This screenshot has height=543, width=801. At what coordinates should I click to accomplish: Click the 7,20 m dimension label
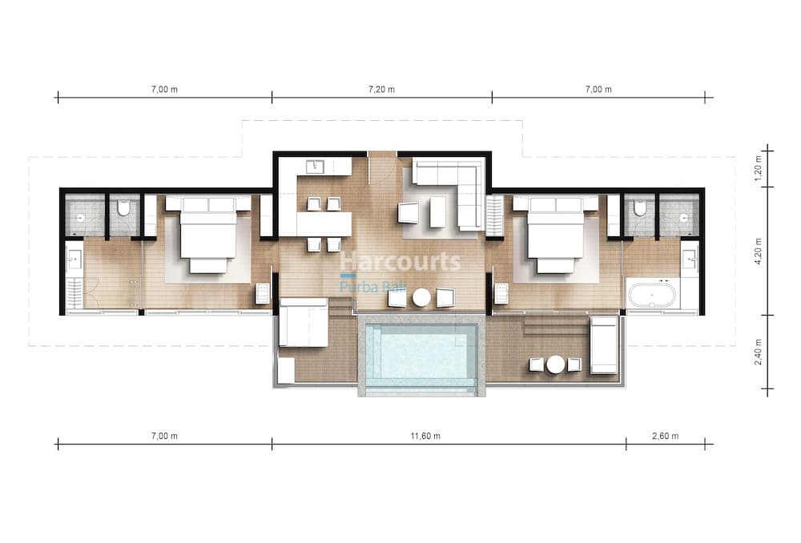point(381,90)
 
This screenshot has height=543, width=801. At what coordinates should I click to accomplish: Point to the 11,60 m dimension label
point(425,436)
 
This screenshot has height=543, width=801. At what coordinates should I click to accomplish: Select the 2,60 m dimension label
point(666,436)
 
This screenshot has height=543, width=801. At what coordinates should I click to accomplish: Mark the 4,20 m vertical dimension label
point(758,251)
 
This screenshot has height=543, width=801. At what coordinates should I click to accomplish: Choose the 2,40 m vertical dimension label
point(758,352)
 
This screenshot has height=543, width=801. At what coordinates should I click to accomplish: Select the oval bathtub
point(652,295)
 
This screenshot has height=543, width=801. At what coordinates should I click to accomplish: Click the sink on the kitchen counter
point(315,167)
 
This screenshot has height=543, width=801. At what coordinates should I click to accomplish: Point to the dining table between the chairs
point(324,223)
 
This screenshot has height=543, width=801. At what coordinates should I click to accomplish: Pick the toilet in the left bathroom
point(123,208)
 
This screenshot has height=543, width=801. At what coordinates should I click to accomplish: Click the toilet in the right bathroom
point(639,208)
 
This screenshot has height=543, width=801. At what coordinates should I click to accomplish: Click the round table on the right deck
point(555,364)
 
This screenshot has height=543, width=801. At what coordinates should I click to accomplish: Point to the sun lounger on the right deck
point(604,345)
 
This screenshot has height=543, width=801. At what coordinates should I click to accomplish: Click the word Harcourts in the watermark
point(400,262)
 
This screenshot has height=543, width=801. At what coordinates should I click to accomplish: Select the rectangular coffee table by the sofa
point(438,212)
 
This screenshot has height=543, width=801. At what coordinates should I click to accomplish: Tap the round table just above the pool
point(422,298)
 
